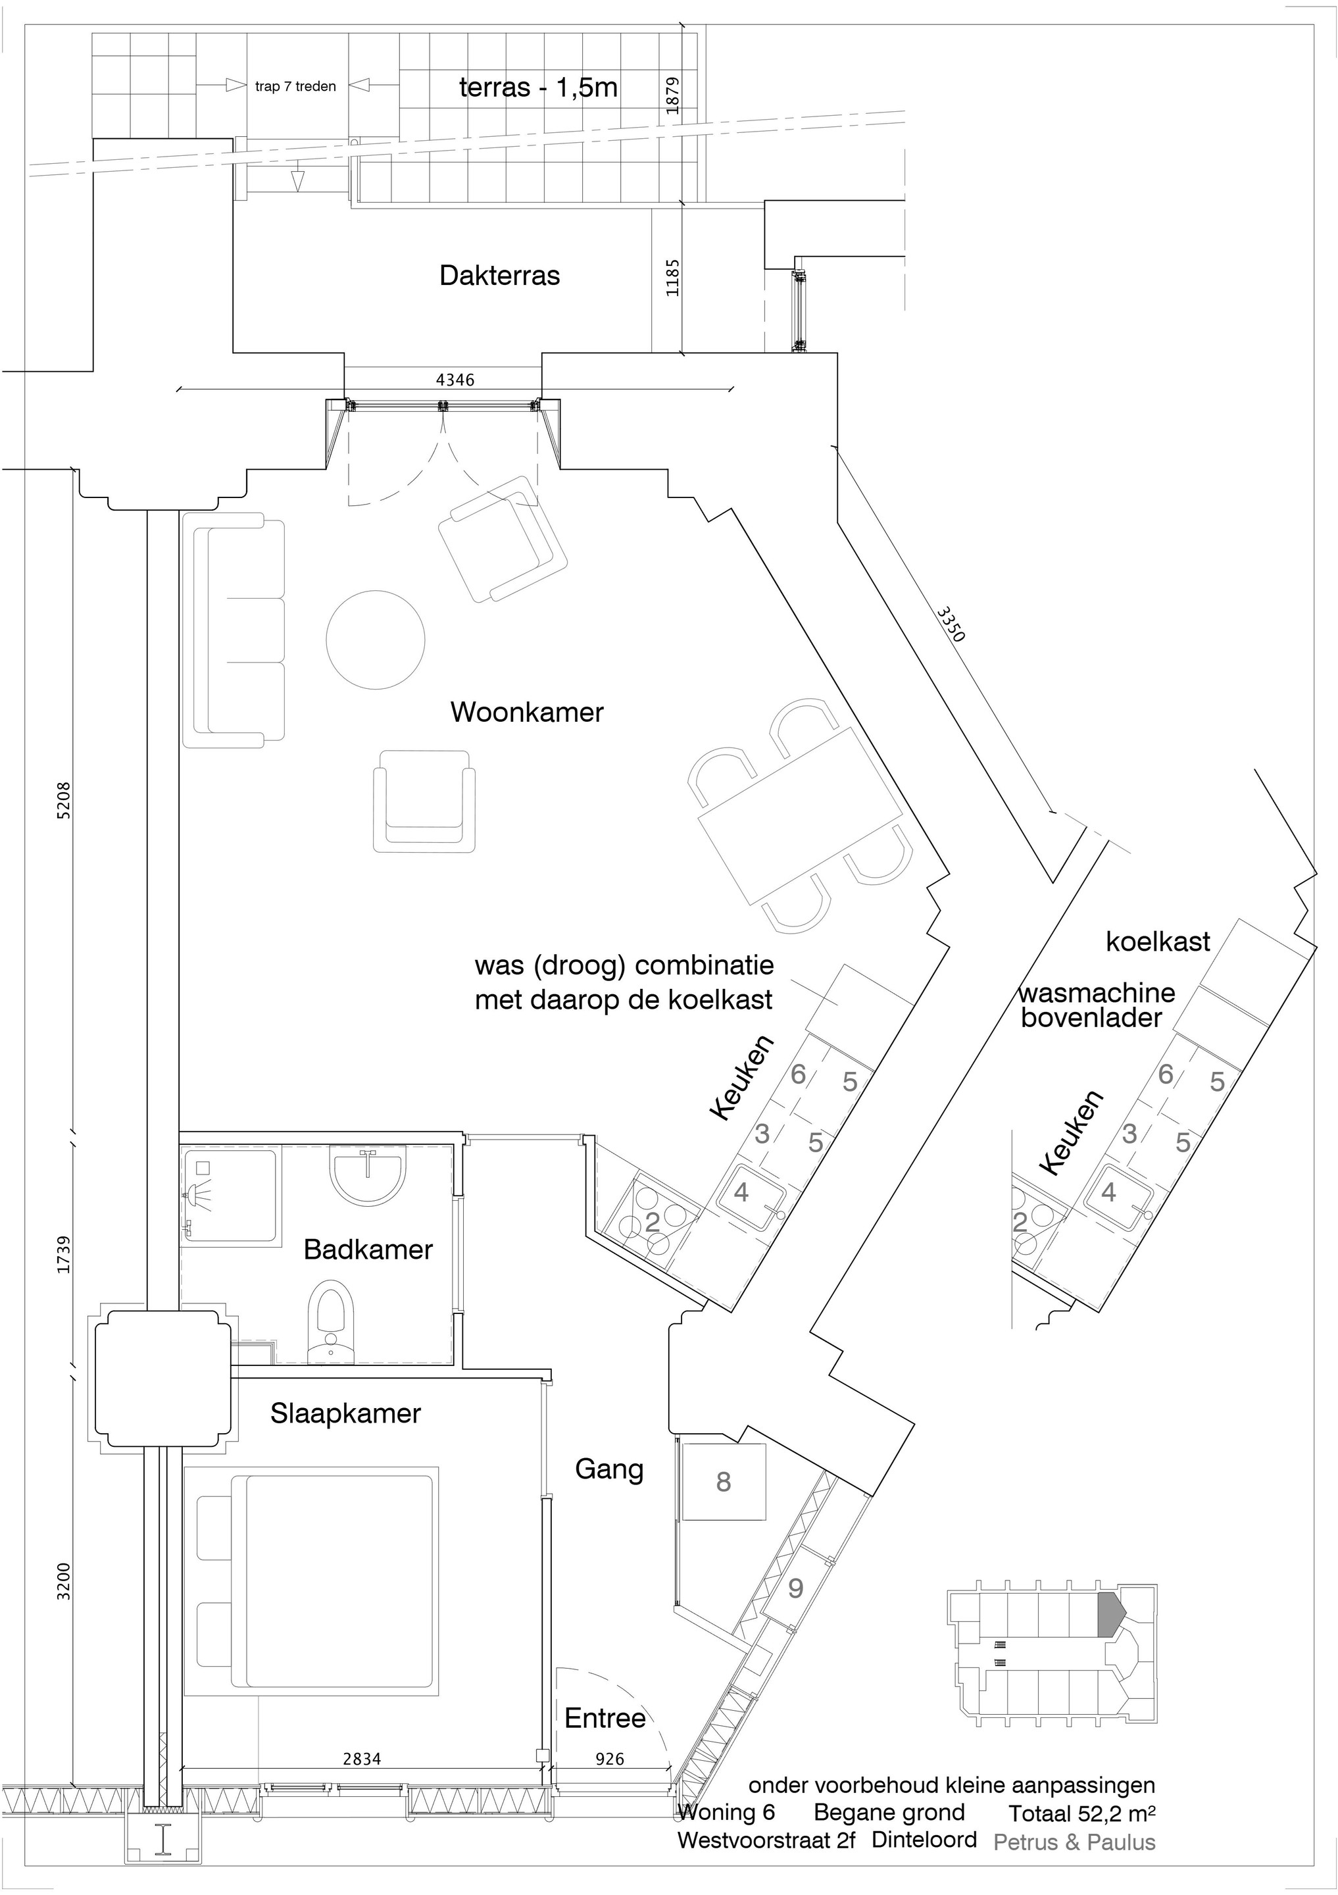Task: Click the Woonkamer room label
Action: click(x=526, y=713)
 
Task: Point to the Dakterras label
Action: click(x=499, y=276)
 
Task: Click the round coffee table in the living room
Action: click(x=376, y=639)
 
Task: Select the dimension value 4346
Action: click(x=455, y=380)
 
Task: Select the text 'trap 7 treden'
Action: click(x=295, y=87)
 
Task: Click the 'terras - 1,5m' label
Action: click(x=538, y=88)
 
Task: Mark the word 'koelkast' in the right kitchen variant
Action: click(x=1158, y=942)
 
